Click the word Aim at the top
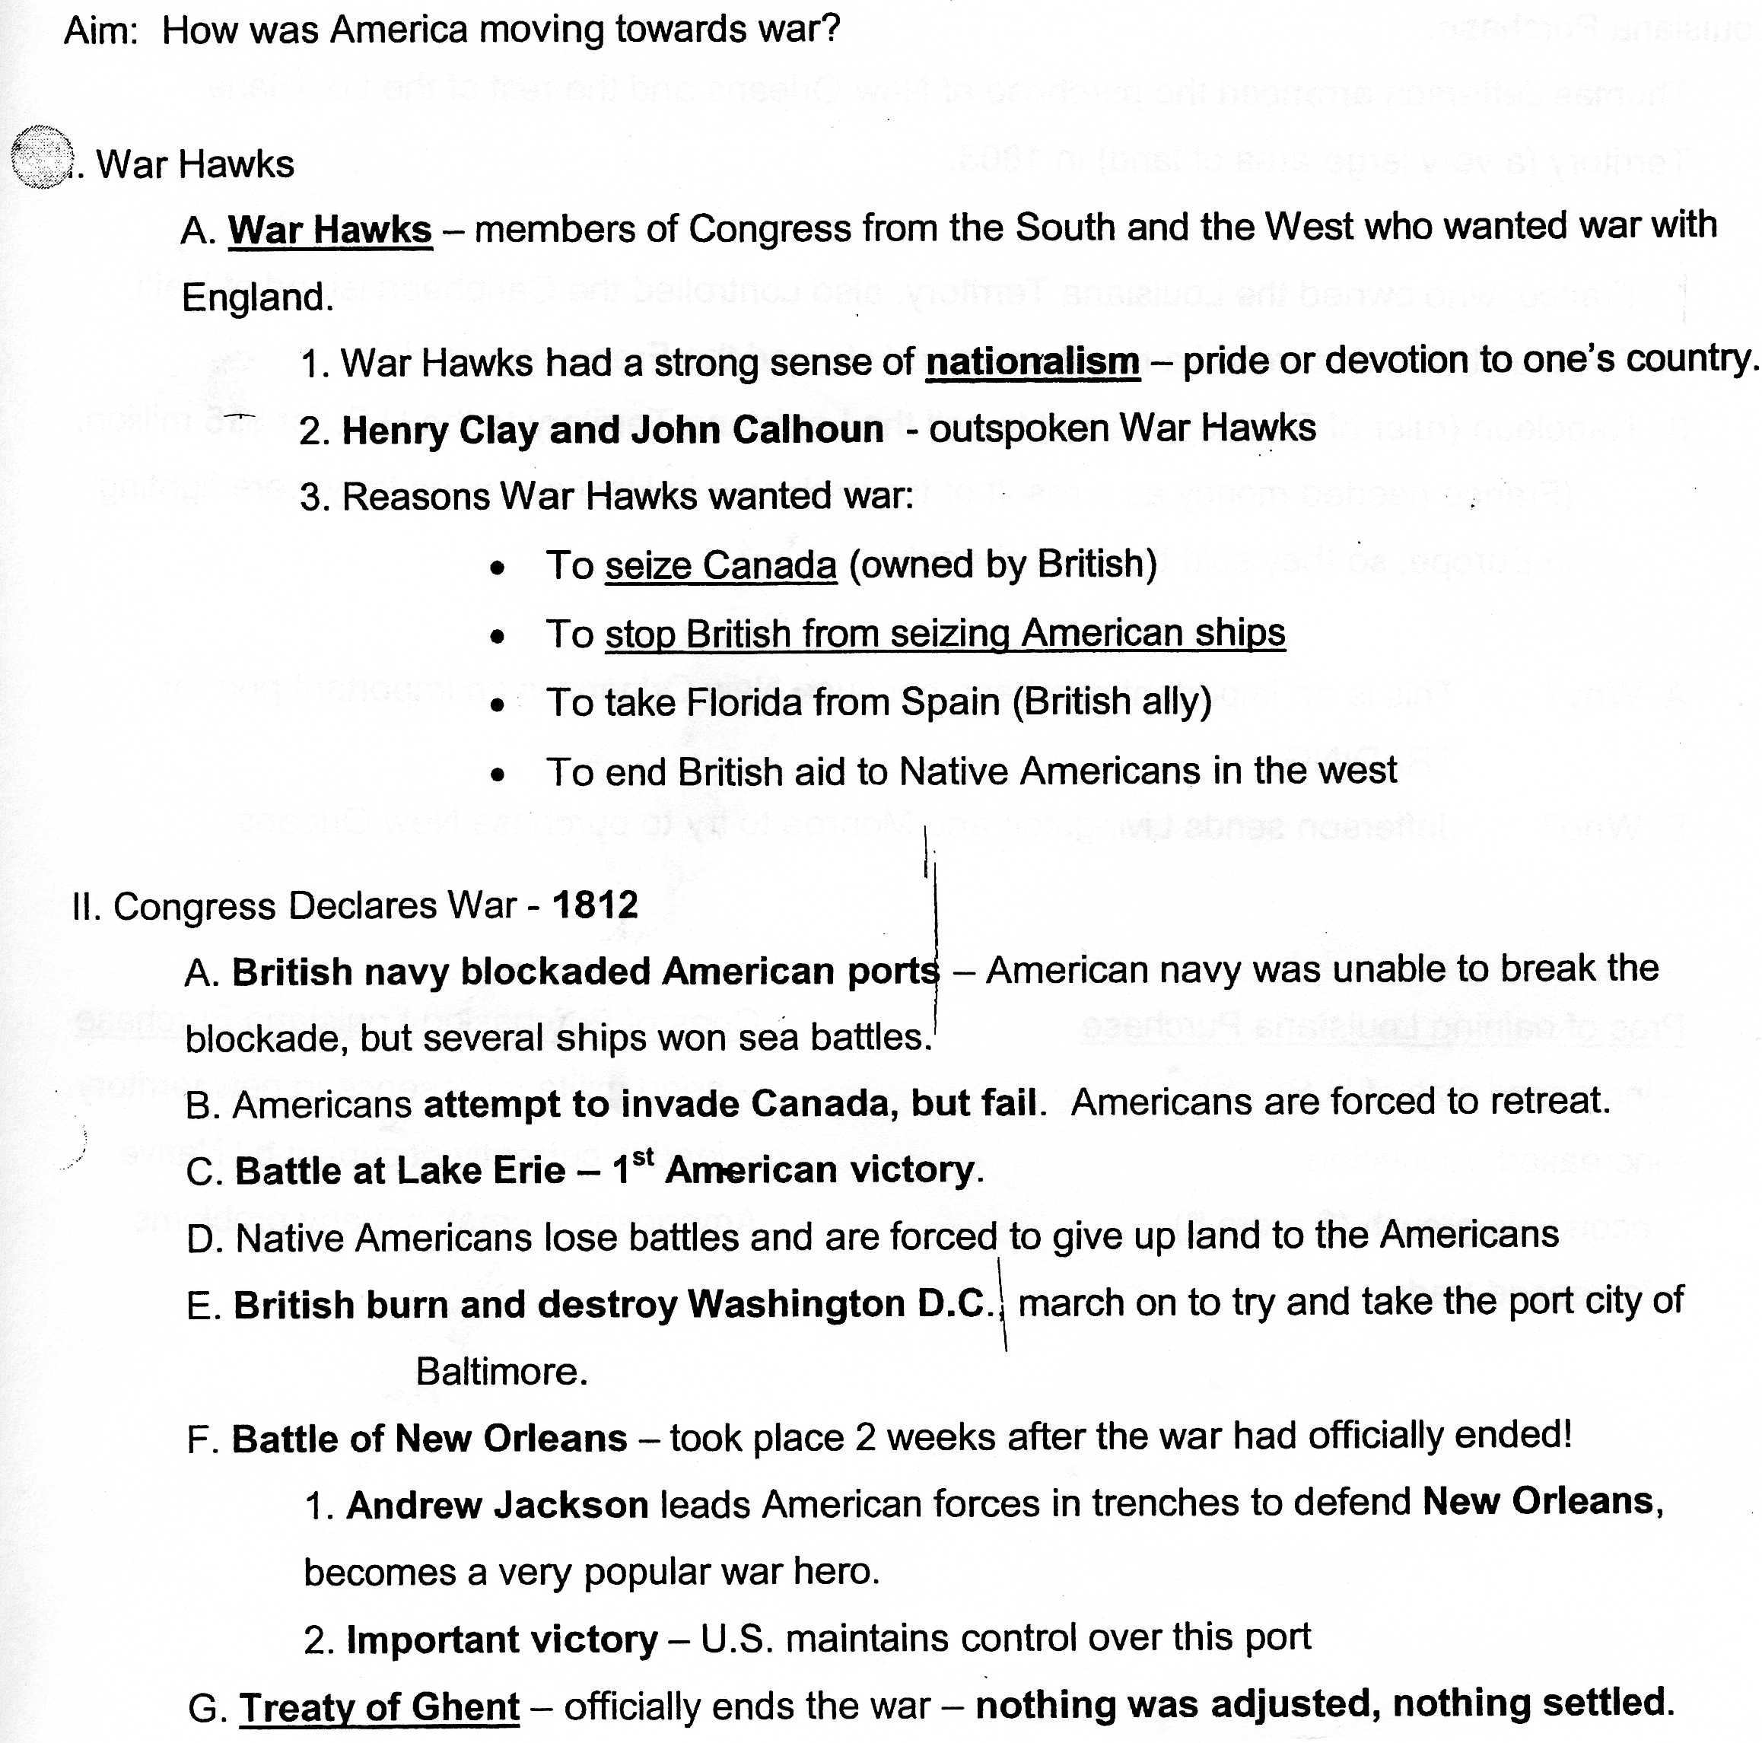(x=98, y=30)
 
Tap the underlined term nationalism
(x=1032, y=362)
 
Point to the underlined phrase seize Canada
(x=720, y=565)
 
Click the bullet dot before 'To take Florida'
(x=497, y=705)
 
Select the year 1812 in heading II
(x=595, y=905)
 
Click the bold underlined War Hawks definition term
(x=329, y=230)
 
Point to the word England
(x=256, y=297)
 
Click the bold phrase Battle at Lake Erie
(x=399, y=1171)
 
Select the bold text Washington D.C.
(x=838, y=1304)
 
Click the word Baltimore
(x=501, y=1372)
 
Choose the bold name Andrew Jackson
(x=497, y=1505)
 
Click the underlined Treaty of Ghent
(x=380, y=1706)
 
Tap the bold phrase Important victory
(x=501, y=1639)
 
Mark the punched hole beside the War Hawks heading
(x=42, y=156)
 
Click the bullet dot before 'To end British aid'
(x=497, y=775)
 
